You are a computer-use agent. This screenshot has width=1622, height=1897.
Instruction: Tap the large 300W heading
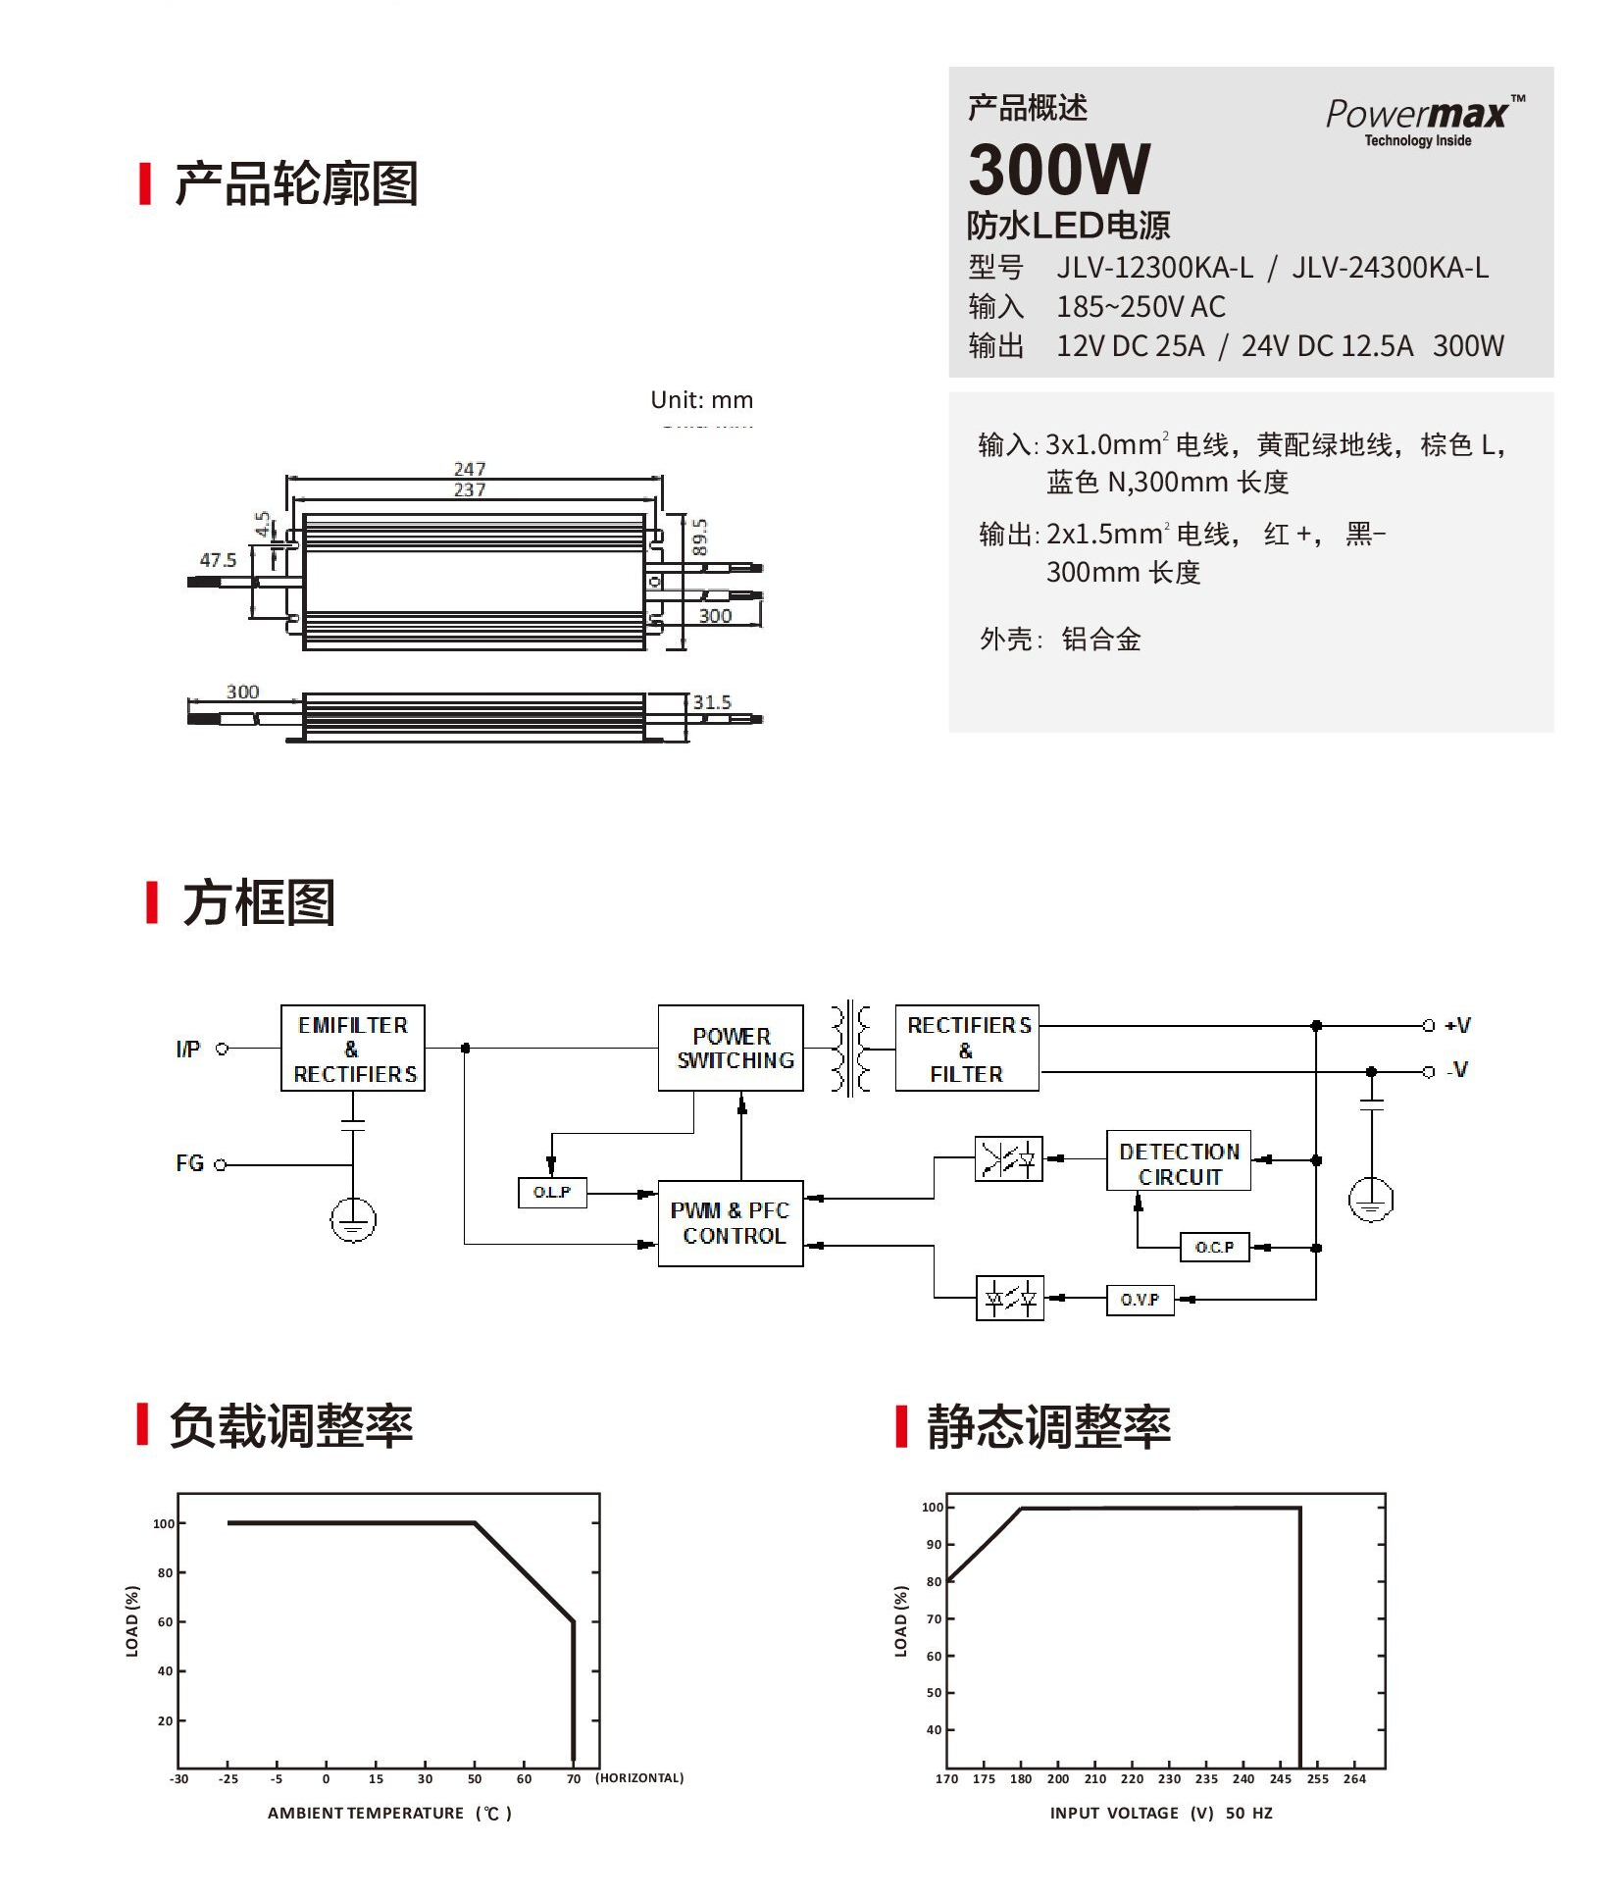tap(1059, 170)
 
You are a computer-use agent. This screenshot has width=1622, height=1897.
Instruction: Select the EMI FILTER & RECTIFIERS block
tap(353, 1049)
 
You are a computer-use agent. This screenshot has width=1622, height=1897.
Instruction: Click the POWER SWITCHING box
tap(731, 1049)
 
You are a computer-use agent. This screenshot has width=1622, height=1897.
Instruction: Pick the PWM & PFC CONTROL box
tap(731, 1223)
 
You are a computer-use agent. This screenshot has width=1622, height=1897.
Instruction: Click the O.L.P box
tap(552, 1193)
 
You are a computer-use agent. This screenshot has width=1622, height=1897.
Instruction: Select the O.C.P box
tap(1214, 1248)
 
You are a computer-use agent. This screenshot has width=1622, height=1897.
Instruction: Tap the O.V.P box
tap(1140, 1300)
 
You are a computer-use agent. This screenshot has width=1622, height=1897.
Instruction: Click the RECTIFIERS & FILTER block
tap(967, 1049)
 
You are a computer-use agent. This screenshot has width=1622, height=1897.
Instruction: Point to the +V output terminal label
tap(1458, 1026)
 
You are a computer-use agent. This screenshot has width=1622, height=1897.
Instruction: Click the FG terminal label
tap(190, 1164)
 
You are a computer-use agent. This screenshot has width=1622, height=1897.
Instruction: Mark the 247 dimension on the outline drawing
tap(470, 469)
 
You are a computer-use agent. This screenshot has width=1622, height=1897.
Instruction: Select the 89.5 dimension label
tap(700, 538)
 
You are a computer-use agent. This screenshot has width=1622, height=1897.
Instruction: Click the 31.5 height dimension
tap(712, 702)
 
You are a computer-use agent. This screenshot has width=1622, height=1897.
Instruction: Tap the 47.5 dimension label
tap(218, 560)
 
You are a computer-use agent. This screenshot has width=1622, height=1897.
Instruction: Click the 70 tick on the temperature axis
tap(574, 1778)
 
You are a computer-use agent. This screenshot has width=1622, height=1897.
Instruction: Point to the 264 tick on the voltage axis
tap(1354, 1778)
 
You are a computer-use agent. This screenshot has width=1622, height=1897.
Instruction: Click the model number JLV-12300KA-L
tap(1154, 268)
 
